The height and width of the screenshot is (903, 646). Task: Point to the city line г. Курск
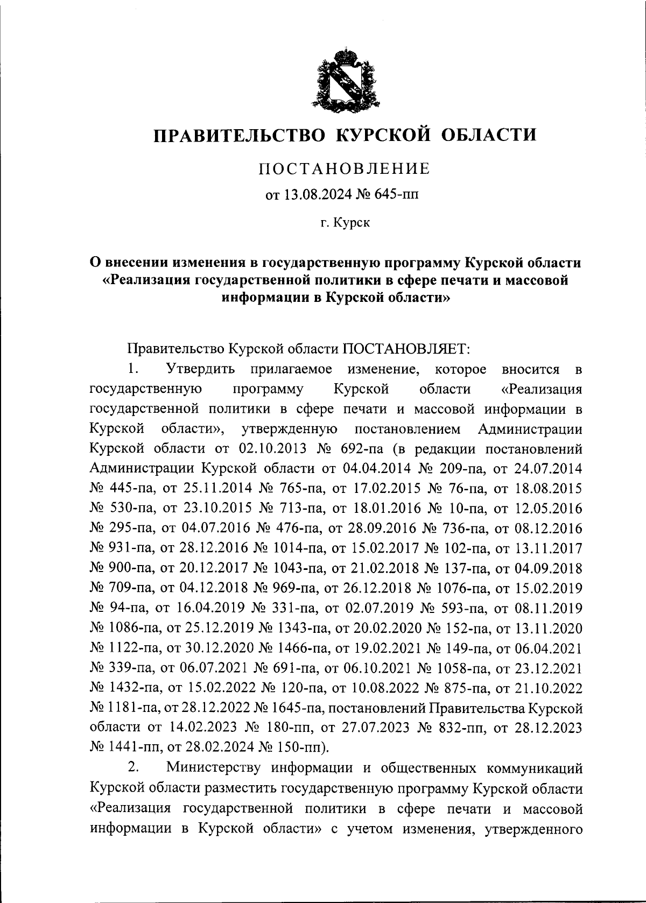click(x=345, y=222)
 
